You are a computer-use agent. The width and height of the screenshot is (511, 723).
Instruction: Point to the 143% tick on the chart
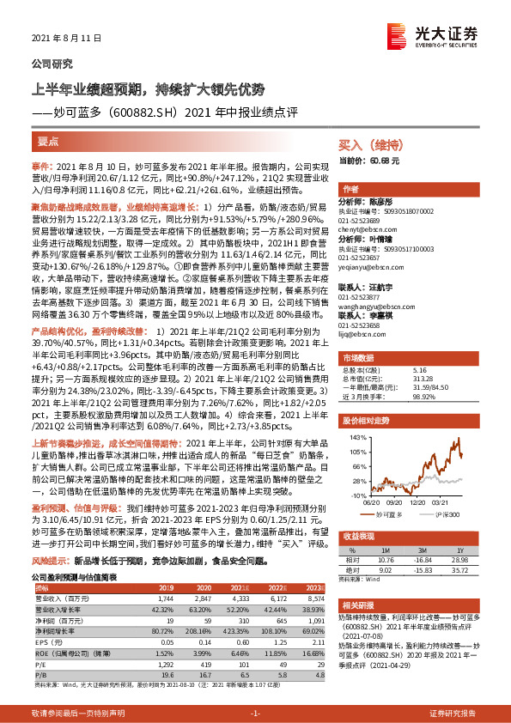click(x=353, y=436)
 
